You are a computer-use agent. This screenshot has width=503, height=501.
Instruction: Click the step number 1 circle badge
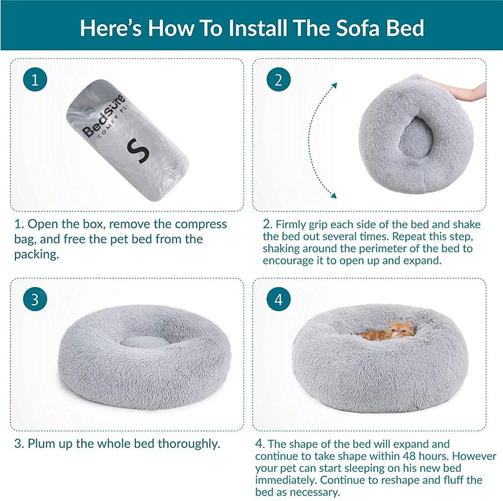point(35,81)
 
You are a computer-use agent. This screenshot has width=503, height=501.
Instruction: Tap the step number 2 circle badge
point(279,81)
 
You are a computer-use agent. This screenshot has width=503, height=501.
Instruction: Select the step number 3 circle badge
point(35,300)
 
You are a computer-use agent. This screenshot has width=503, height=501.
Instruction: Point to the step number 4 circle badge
point(279,300)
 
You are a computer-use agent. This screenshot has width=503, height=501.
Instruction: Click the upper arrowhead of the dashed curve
point(333,85)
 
